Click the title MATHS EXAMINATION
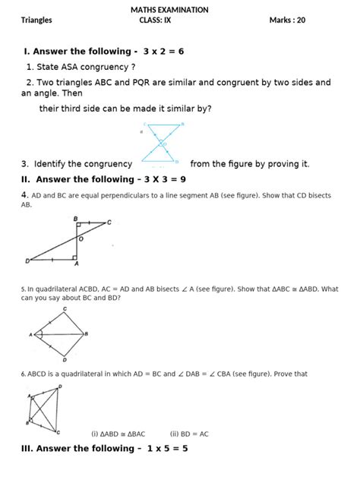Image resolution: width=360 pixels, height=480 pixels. (x=180, y=10)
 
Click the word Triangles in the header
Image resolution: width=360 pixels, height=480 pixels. (x=36, y=21)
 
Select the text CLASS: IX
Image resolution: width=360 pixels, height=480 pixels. (x=156, y=21)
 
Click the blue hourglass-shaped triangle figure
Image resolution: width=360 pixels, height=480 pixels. (x=161, y=143)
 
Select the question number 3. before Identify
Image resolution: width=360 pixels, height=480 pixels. (x=25, y=163)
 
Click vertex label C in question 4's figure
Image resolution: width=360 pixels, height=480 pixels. (x=109, y=223)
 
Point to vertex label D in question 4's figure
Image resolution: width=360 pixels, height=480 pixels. (x=27, y=261)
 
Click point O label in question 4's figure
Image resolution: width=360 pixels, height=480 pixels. (x=81, y=238)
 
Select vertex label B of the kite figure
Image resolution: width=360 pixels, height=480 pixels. (x=86, y=333)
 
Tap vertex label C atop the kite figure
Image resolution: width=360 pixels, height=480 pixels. (x=65, y=309)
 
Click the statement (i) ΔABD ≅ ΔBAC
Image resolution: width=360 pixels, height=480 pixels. (x=118, y=434)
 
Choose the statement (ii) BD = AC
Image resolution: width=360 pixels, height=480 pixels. (x=189, y=434)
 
